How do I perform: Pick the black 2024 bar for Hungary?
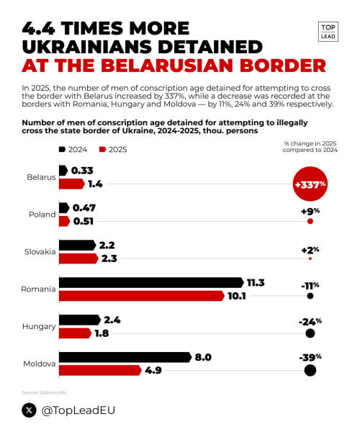[79, 320]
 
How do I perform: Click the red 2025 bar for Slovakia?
[78, 258]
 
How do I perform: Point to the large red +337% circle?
[310, 184]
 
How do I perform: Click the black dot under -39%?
[310, 371]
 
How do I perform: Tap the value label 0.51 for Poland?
[84, 221]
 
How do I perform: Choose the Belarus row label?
[41, 177]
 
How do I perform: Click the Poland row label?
[42, 215]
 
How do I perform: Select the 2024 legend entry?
[73, 149]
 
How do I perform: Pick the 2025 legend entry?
[112, 149]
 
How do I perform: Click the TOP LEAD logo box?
[328, 33]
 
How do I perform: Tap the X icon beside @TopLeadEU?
[30, 410]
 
